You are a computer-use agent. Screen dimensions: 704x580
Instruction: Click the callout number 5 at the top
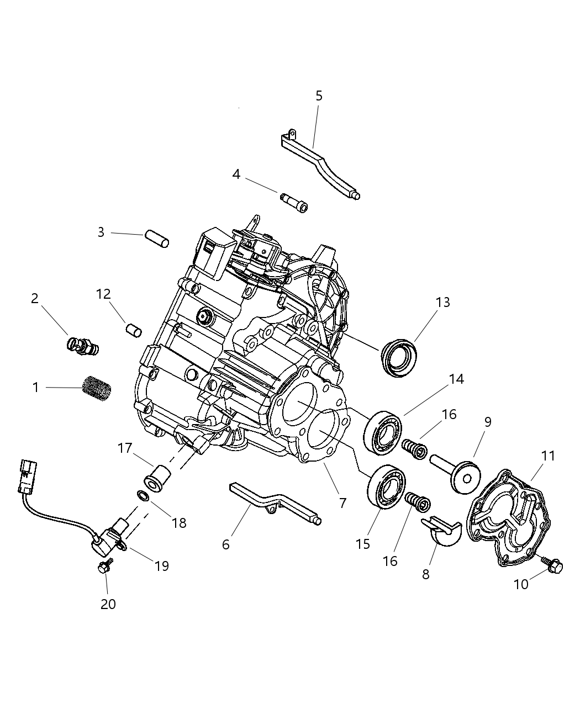click(319, 96)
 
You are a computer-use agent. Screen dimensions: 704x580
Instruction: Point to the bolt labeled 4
click(293, 202)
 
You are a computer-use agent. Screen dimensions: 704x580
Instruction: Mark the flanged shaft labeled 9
click(456, 472)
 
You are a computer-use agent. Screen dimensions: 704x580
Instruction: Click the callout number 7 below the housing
click(342, 502)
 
